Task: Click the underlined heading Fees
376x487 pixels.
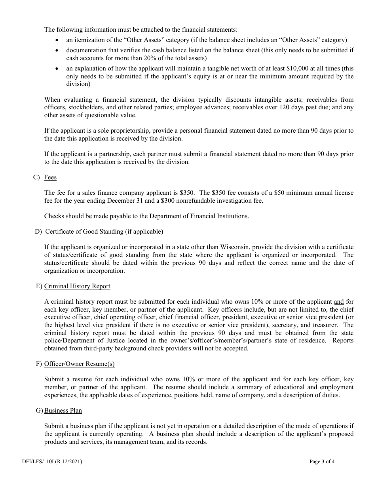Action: [50, 177]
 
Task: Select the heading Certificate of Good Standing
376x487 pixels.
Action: [84, 232]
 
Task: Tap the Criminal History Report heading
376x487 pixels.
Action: [77, 286]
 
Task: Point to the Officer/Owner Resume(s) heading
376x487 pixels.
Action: [79, 364]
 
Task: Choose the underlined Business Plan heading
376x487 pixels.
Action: [63, 411]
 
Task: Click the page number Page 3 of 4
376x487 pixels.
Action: [322, 461]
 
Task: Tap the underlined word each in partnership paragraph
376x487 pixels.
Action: [139, 154]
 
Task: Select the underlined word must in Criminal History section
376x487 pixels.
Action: [265, 333]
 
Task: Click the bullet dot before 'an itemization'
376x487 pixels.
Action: [58, 40]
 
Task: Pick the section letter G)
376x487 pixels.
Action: [39, 411]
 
